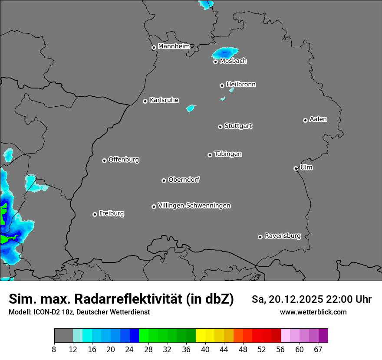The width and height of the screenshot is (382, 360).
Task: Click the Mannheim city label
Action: point(174,46)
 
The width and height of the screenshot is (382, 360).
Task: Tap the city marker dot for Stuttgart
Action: point(220,127)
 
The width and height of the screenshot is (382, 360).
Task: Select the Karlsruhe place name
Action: point(164,100)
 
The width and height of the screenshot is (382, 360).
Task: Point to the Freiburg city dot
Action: point(95,214)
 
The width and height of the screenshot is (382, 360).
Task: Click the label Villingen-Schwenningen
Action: point(194,206)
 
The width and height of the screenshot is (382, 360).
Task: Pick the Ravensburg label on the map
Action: point(283,236)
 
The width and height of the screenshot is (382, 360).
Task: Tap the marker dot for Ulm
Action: point(296,168)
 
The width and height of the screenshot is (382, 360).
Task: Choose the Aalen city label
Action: point(318,119)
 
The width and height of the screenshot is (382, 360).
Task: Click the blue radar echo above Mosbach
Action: point(225,53)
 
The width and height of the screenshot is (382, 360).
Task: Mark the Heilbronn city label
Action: point(241,85)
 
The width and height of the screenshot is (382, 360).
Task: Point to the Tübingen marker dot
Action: point(210,155)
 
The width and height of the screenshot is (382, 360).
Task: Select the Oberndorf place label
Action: point(184,180)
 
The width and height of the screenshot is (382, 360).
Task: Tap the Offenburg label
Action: point(124,160)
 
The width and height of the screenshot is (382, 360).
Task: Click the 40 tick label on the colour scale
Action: point(205,350)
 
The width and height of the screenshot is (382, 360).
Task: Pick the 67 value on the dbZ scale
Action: point(318,350)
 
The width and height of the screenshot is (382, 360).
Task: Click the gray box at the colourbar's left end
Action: point(63,336)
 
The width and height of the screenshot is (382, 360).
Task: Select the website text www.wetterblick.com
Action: point(313,312)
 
